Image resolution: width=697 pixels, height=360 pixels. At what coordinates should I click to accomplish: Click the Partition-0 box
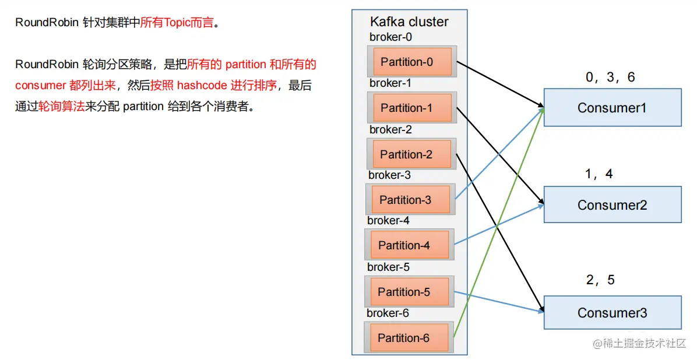click(x=411, y=62)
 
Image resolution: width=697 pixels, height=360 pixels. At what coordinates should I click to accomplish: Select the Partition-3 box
click(x=410, y=200)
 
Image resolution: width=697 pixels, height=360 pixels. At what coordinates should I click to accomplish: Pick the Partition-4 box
click(x=409, y=245)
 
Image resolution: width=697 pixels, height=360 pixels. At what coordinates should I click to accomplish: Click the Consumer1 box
click(x=612, y=108)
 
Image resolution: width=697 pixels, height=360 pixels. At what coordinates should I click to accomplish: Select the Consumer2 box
click(x=612, y=205)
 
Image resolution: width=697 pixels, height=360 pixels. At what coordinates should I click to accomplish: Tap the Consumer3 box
click(x=612, y=313)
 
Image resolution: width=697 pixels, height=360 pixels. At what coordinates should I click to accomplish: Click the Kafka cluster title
click(x=409, y=22)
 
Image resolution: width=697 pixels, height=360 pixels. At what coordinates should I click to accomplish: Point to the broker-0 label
click(x=390, y=37)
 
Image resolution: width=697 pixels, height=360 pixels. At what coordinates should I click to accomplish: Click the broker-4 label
click(x=388, y=221)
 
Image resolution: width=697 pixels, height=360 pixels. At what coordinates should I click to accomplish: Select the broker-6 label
click(x=388, y=313)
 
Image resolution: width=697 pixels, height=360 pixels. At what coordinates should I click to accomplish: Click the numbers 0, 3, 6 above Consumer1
click(x=610, y=77)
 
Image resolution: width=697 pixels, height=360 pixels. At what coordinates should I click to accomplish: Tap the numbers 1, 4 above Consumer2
click(x=599, y=174)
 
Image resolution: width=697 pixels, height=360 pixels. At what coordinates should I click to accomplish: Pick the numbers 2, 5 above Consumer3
click(x=600, y=280)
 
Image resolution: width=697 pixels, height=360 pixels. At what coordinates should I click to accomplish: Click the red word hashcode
click(x=202, y=86)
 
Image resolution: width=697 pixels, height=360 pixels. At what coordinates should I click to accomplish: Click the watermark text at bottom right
click(x=639, y=344)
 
